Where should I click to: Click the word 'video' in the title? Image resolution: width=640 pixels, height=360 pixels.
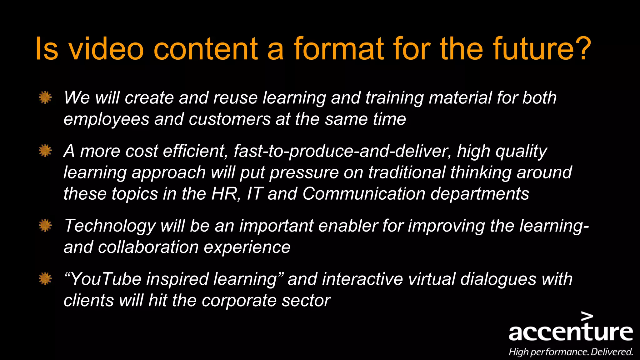coord(106,49)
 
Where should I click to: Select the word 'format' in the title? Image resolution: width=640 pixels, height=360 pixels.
coord(338,49)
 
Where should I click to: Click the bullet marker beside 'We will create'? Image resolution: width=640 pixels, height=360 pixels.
coord(45,97)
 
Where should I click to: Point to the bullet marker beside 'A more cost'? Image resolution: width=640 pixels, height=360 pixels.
coord(45,151)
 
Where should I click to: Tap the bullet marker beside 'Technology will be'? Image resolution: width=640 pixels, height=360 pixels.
coord(45,225)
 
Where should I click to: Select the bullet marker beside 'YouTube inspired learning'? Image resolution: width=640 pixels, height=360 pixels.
coord(45,278)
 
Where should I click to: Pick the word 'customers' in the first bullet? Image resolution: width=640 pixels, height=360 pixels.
coord(230,119)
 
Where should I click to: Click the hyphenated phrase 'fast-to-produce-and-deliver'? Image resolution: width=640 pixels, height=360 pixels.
coord(342,151)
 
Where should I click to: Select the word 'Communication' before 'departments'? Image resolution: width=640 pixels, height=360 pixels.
coord(364,194)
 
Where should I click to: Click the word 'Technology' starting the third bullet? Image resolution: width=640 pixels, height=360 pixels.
coord(110,226)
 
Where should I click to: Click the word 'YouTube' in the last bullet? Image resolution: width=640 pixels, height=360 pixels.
coord(106,279)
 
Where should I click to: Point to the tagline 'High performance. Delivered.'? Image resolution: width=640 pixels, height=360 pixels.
coord(571,352)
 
